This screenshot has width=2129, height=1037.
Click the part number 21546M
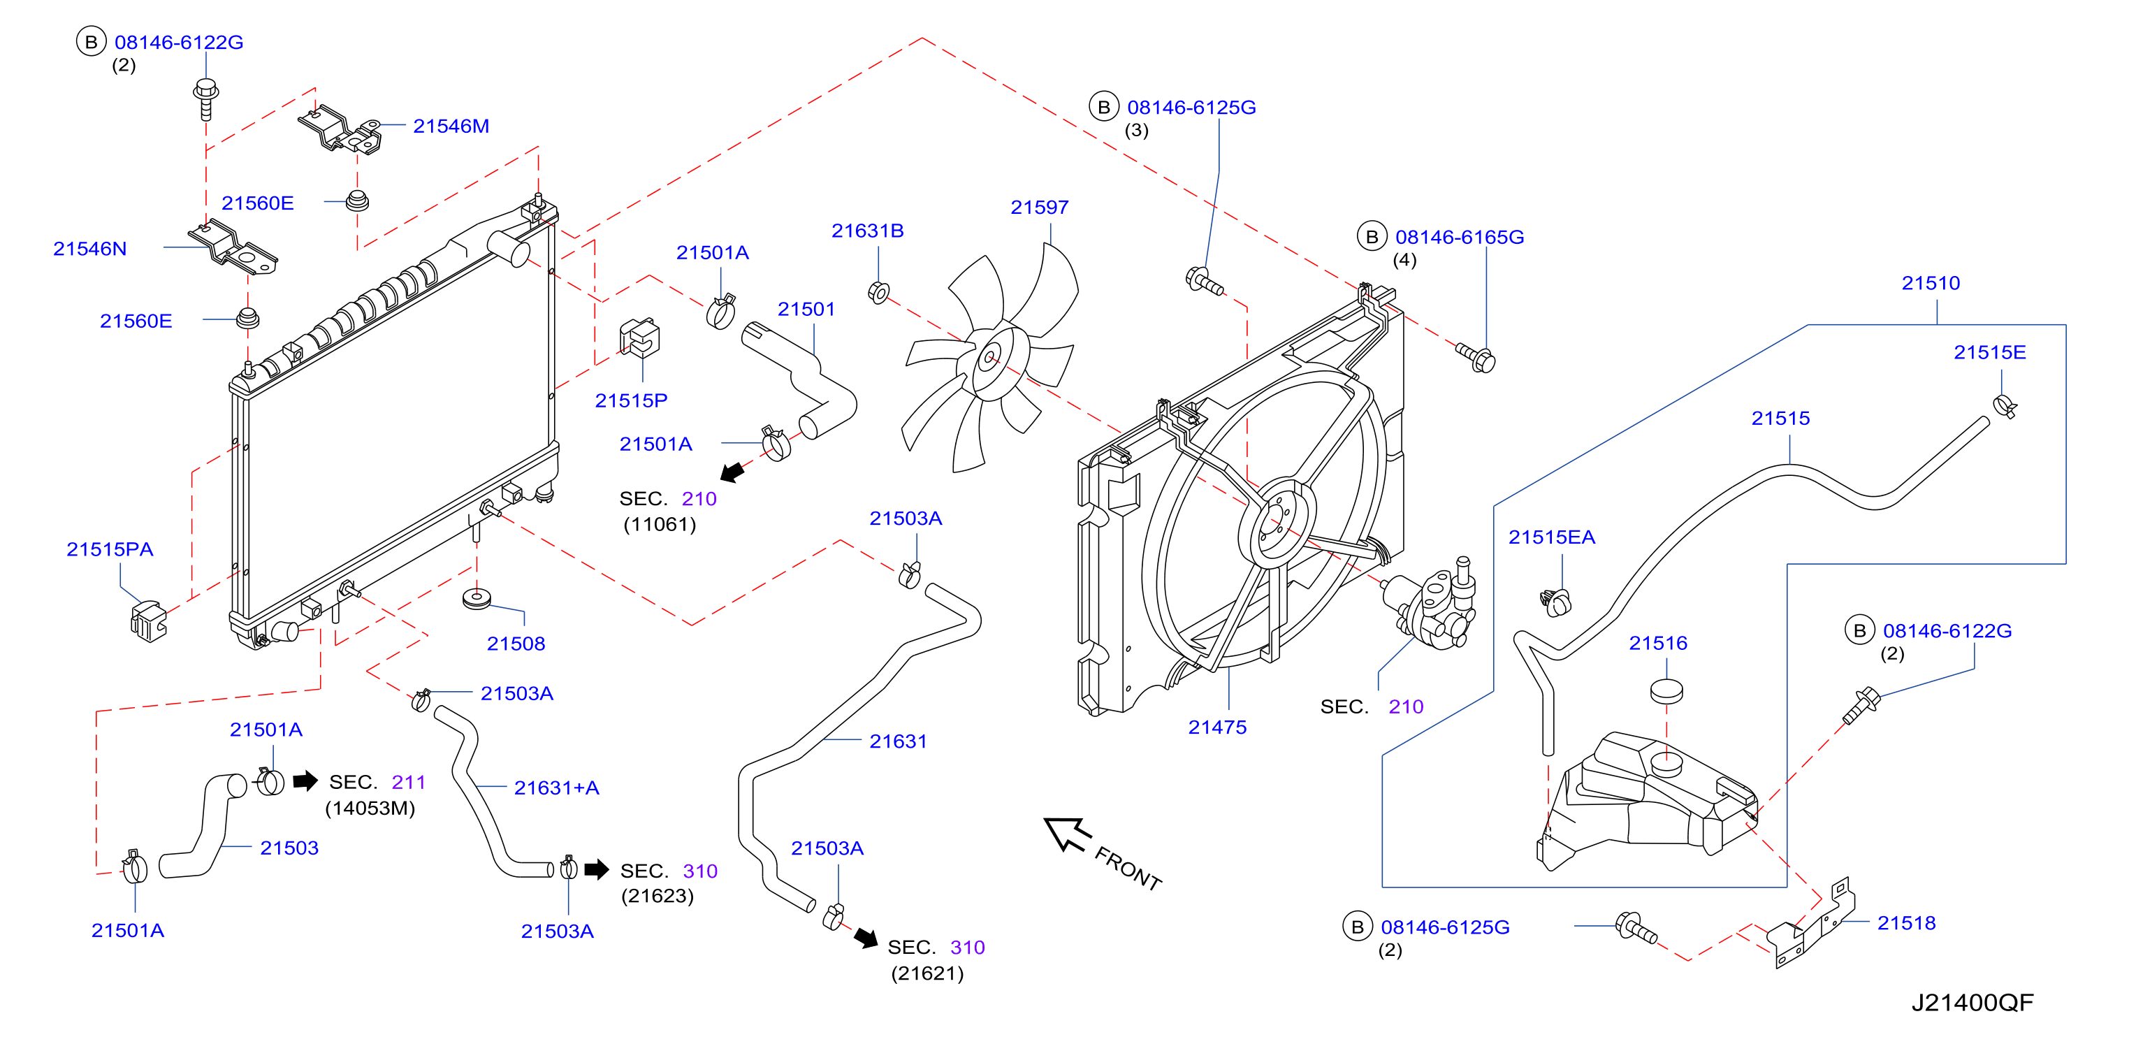[x=451, y=126]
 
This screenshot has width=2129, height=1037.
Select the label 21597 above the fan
[x=1039, y=208]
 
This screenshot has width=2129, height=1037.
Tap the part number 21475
[x=1216, y=727]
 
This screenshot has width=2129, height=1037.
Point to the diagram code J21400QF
[x=1972, y=1002]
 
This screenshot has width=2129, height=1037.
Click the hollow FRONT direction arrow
[x=1067, y=834]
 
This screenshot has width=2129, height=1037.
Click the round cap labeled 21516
[x=1666, y=691]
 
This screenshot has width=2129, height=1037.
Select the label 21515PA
[x=110, y=549]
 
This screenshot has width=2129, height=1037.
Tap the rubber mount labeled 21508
[x=477, y=599]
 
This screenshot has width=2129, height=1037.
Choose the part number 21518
[x=1906, y=923]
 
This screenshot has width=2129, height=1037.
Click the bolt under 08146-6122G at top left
[x=206, y=100]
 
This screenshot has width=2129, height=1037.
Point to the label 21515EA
[x=1551, y=537]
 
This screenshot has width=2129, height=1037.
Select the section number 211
[x=408, y=783]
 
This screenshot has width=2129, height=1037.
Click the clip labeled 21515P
[x=640, y=337]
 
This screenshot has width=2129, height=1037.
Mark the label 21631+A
[x=556, y=788]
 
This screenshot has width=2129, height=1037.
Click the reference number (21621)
[x=927, y=973]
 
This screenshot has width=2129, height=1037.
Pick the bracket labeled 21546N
[x=234, y=245]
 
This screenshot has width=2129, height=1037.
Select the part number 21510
[x=1931, y=284]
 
